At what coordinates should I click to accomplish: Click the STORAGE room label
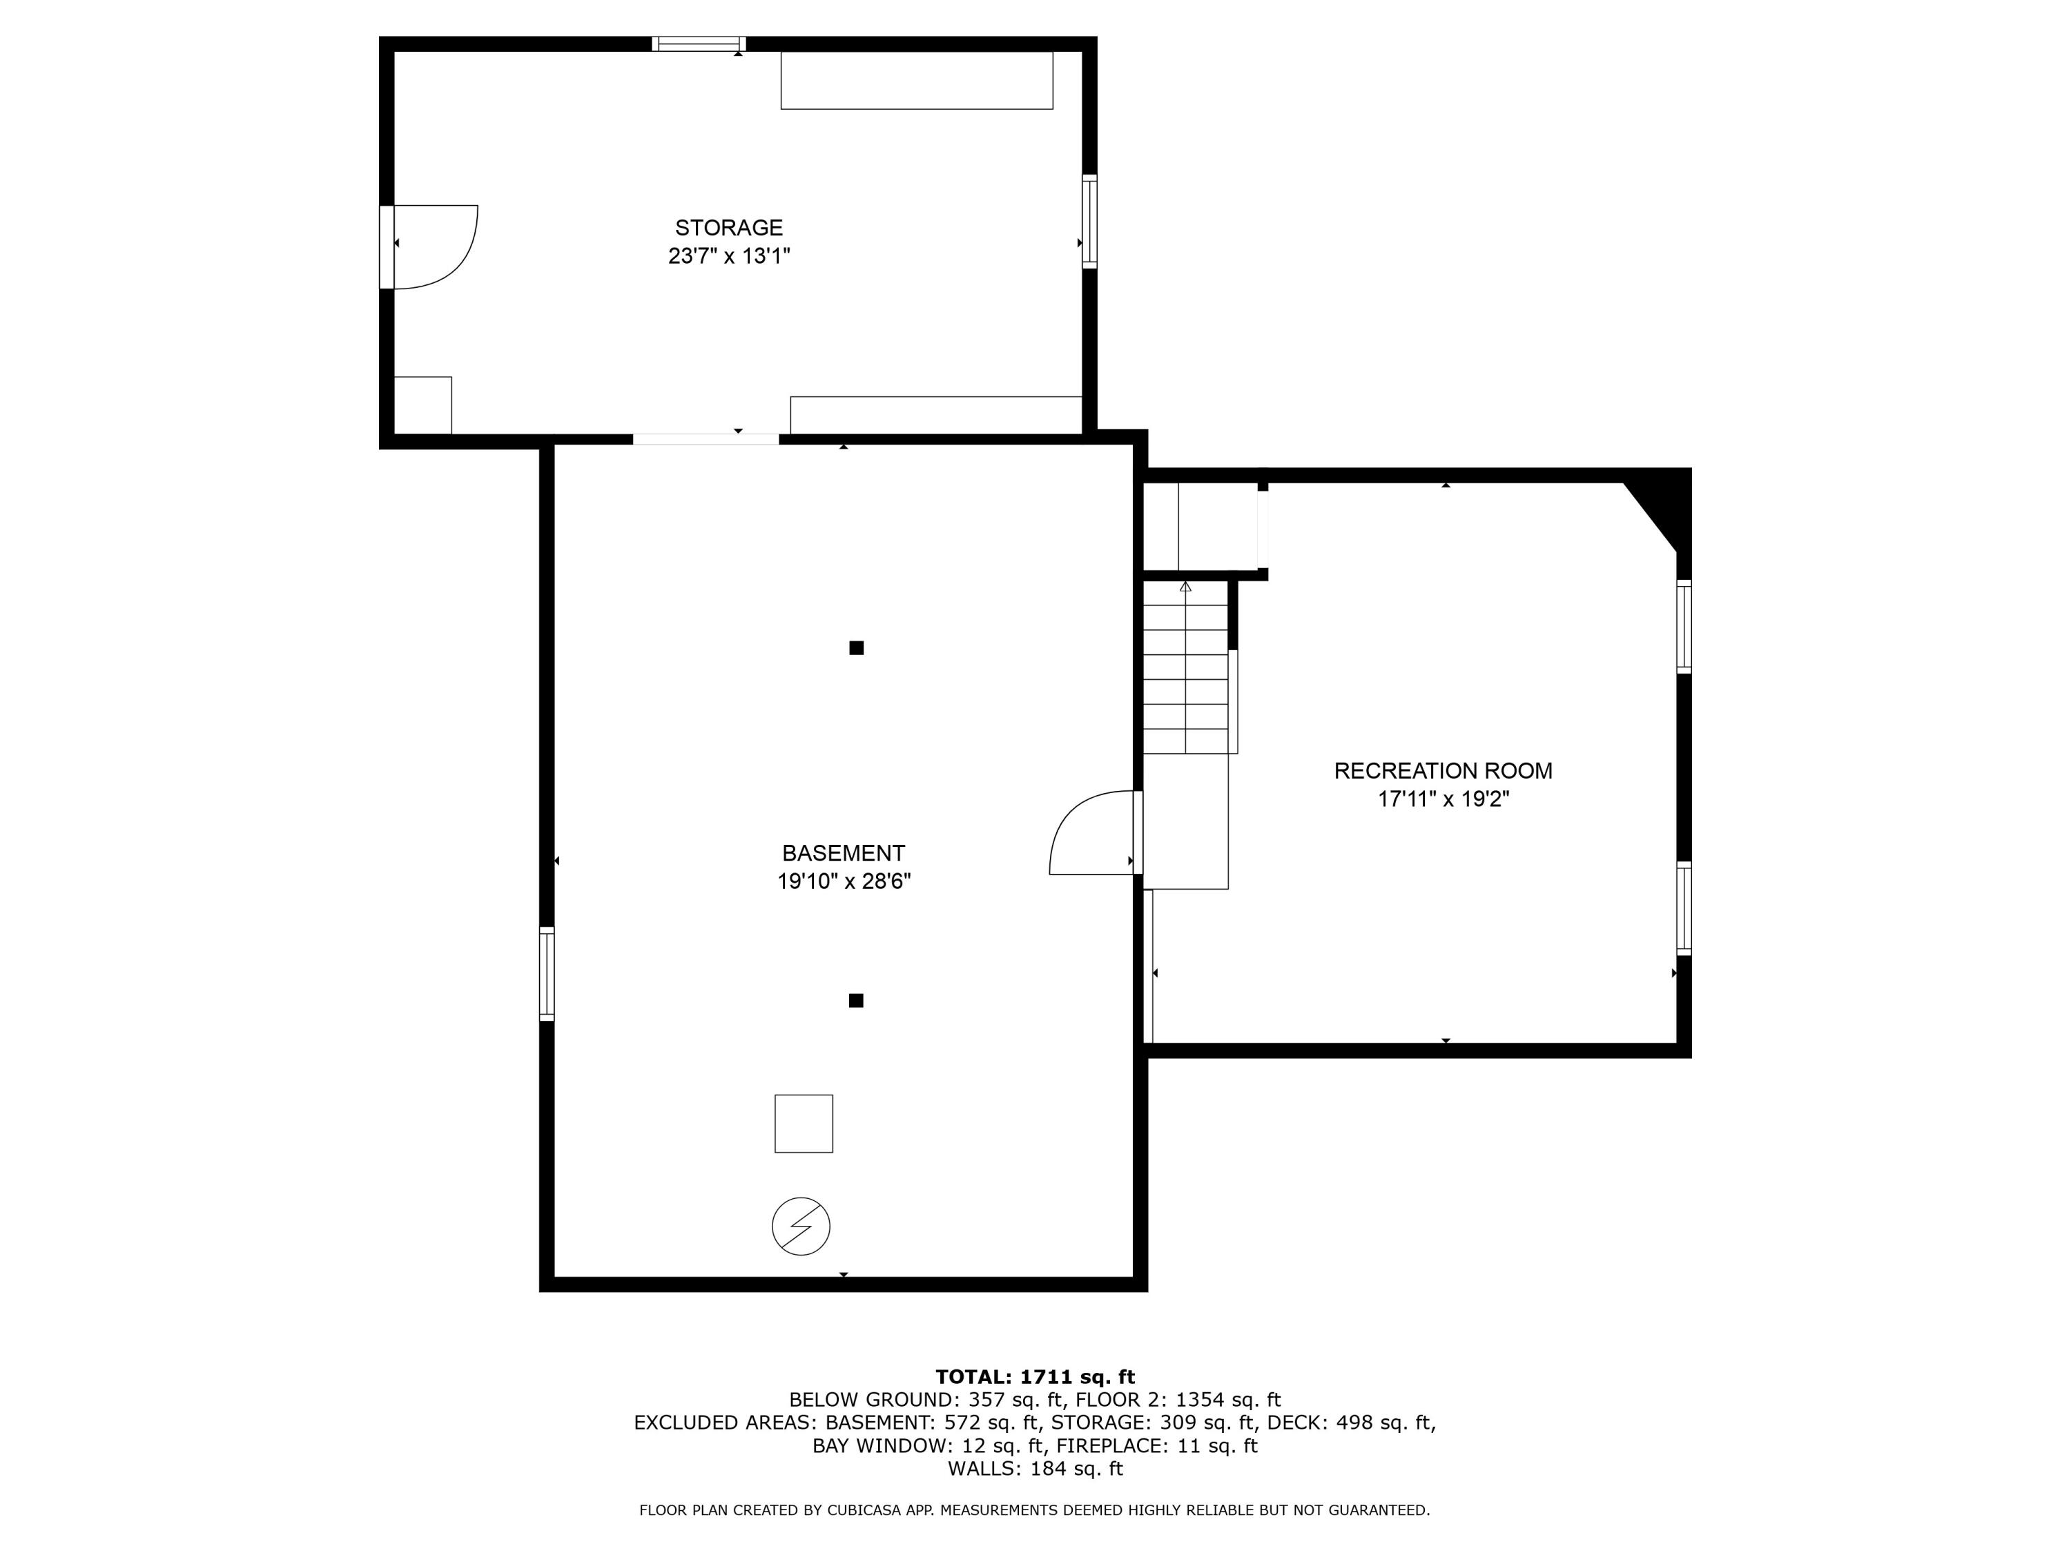pyautogui.click(x=728, y=228)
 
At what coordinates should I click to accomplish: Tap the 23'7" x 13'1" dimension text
pyautogui.click(x=728, y=255)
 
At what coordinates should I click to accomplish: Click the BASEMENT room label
pyautogui.click(x=843, y=853)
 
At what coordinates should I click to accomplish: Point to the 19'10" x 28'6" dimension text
pyautogui.click(x=843, y=881)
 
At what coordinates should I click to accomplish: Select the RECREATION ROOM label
pyautogui.click(x=1443, y=770)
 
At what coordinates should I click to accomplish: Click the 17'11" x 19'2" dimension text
pyautogui.click(x=1443, y=799)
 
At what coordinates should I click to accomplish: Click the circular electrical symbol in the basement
pyautogui.click(x=801, y=1227)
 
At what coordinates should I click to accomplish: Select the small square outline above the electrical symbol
pyautogui.click(x=804, y=1123)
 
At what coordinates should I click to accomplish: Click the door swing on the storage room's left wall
pyautogui.click(x=433, y=247)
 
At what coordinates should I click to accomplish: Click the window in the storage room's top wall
pyautogui.click(x=699, y=43)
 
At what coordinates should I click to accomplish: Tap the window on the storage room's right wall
pyautogui.click(x=1089, y=221)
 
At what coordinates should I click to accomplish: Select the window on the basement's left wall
pyautogui.click(x=547, y=973)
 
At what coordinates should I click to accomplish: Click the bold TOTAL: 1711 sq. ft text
pyautogui.click(x=1035, y=1377)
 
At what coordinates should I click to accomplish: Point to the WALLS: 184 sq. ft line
pyautogui.click(x=1035, y=1469)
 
